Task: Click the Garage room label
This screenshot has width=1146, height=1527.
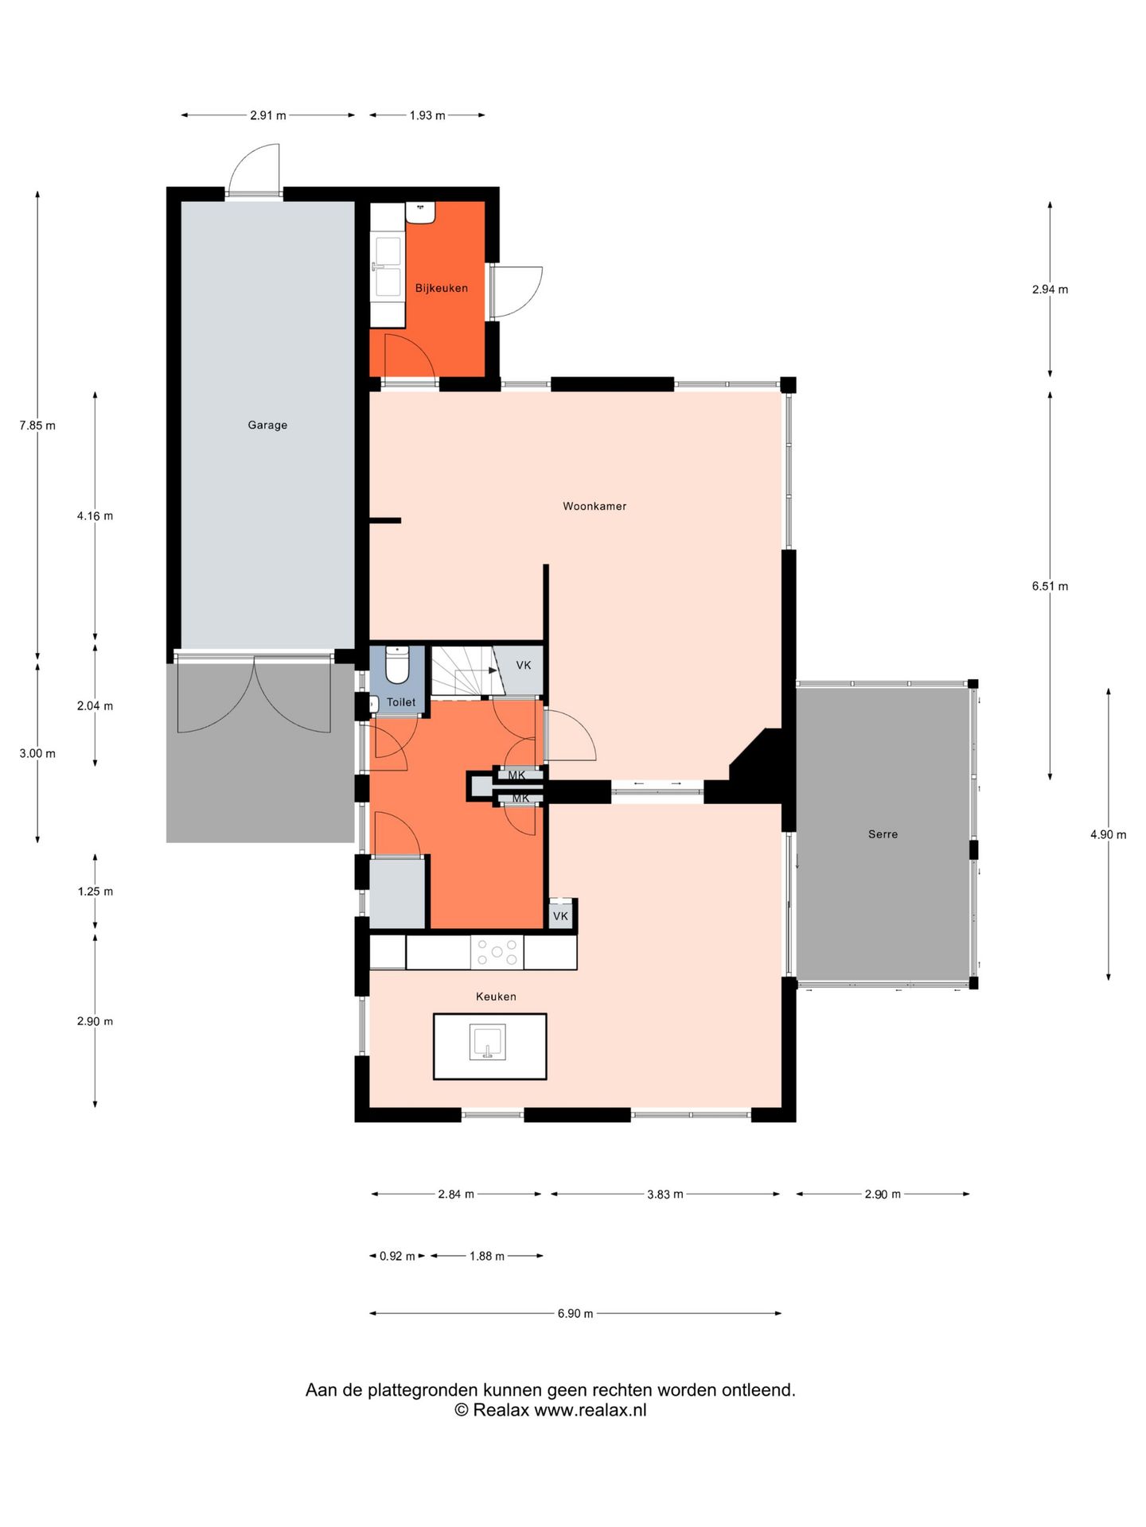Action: (267, 425)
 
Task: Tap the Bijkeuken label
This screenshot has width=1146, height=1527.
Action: (442, 288)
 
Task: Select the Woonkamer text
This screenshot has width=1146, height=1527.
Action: (594, 506)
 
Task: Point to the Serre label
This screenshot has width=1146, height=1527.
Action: (883, 834)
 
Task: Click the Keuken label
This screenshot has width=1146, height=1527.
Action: (496, 997)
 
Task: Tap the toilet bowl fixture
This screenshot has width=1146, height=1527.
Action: (397, 665)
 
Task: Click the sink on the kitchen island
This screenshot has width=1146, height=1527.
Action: (488, 1042)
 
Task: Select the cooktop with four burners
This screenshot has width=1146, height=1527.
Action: (497, 952)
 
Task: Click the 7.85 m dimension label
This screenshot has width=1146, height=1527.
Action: (37, 425)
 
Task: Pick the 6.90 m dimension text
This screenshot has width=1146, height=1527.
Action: (575, 1313)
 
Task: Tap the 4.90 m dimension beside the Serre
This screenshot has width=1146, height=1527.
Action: (1109, 834)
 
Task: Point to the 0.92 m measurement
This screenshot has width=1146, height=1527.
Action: (397, 1256)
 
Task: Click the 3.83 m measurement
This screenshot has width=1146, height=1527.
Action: (665, 1194)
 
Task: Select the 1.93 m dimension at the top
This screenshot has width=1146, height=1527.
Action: (427, 115)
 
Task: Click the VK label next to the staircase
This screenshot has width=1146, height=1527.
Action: (523, 665)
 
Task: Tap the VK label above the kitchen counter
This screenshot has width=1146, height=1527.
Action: (560, 916)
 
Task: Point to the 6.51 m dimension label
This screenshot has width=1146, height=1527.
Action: (1050, 586)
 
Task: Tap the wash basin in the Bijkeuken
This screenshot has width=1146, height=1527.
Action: (420, 212)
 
